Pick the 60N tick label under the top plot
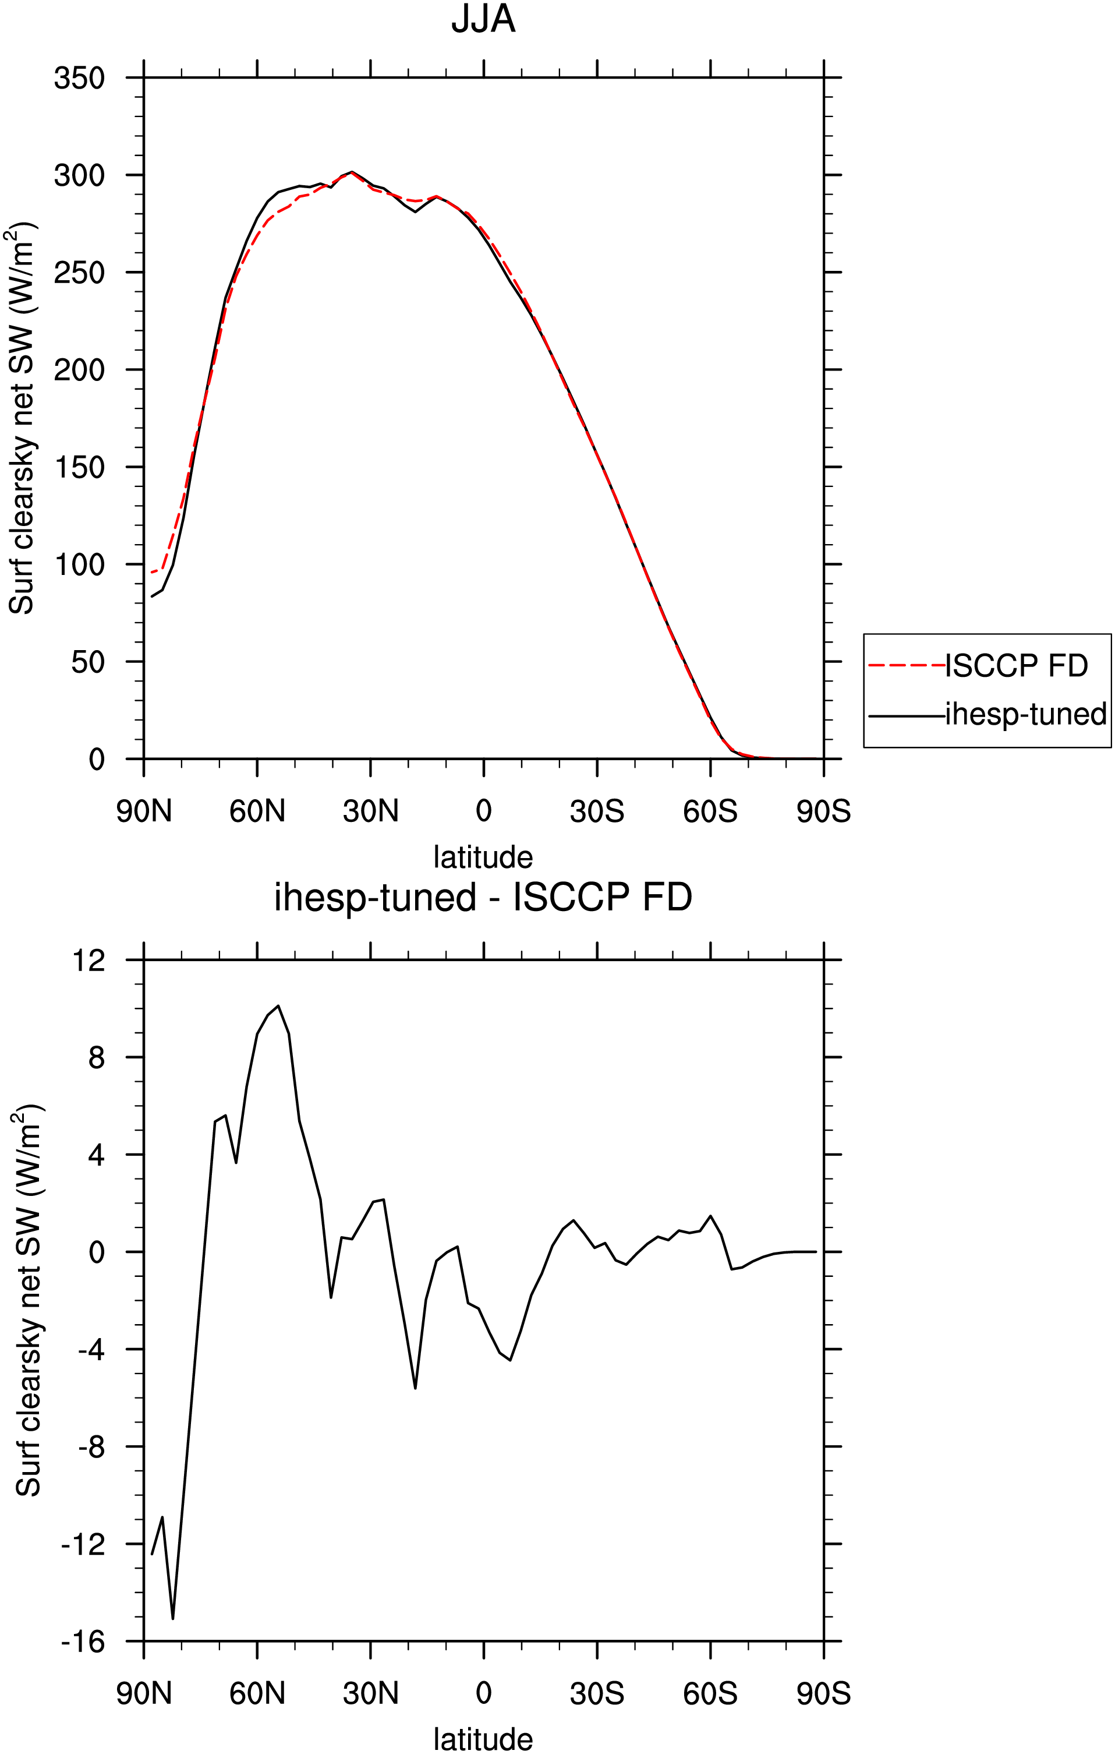tap(257, 811)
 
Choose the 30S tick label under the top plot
tap(597, 811)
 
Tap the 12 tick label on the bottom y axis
tap(88, 960)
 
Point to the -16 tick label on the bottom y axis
tap(83, 1641)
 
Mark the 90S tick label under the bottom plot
tap(824, 1693)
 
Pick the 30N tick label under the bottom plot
tap(371, 1693)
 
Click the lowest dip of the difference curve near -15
tap(172, 1618)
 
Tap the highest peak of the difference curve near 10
tap(278, 1006)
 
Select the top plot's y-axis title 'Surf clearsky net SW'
tap(22, 419)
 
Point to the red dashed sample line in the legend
tap(907, 665)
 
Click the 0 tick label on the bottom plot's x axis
tap(484, 1693)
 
